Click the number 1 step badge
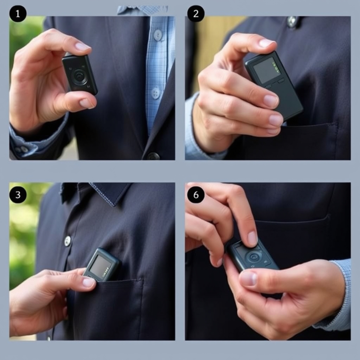point(18,14)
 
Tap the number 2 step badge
point(196,14)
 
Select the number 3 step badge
point(18,195)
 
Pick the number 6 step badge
point(196,195)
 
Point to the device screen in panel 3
point(100,266)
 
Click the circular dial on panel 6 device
point(254,257)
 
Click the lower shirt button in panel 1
point(156,93)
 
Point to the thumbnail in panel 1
point(85,103)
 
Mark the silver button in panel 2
point(292,21)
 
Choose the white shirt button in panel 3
point(67,241)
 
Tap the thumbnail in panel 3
point(88,282)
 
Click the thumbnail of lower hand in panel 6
point(248,278)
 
